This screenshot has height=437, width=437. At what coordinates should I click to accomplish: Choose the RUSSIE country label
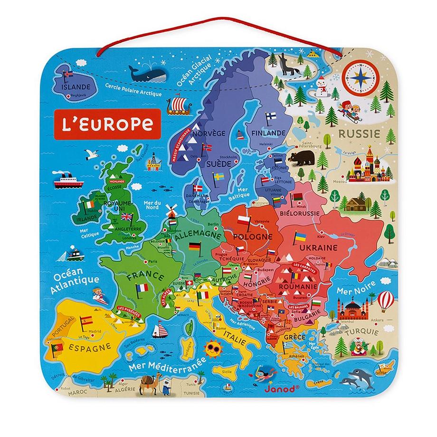click(x=363, y=134)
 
